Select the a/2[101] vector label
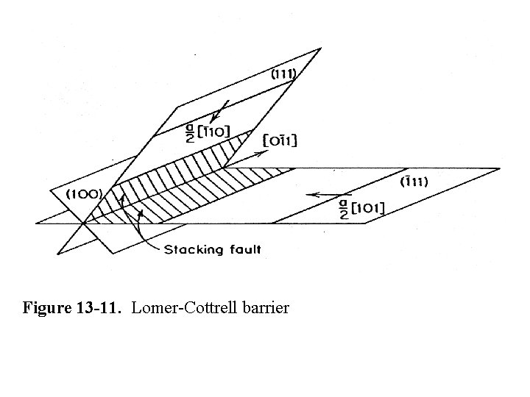(x=360, y=207)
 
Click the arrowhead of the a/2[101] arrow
(x=309, y=195)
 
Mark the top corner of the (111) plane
(x=321, y=49)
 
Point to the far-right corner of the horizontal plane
(x=500, y=168)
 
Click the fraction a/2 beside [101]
(x=342, y=208)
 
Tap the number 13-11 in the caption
(x=104, y=307)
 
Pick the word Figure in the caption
(x=46, y=307)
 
